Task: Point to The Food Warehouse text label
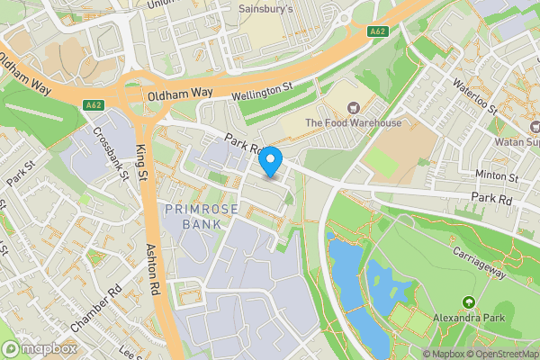pos(353,122)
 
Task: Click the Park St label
pos(20,172)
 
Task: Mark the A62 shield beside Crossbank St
pos(93,105)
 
